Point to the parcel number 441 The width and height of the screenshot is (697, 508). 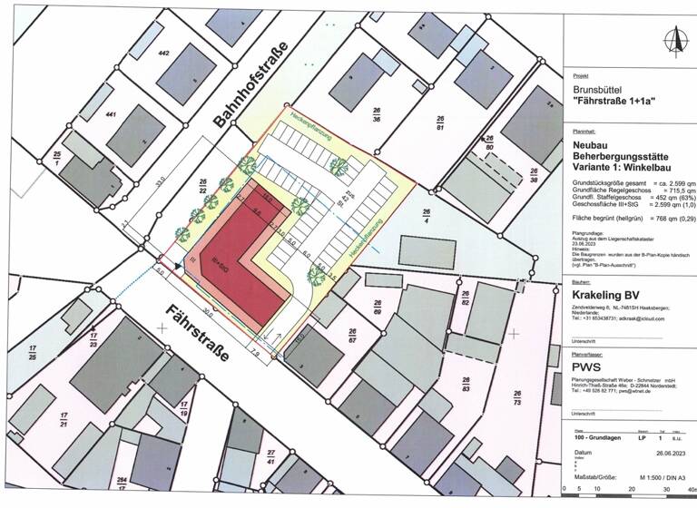pyautogui.click(x=112, y=115)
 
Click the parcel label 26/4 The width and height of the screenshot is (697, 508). pyautogui.click(x=427, y=213)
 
